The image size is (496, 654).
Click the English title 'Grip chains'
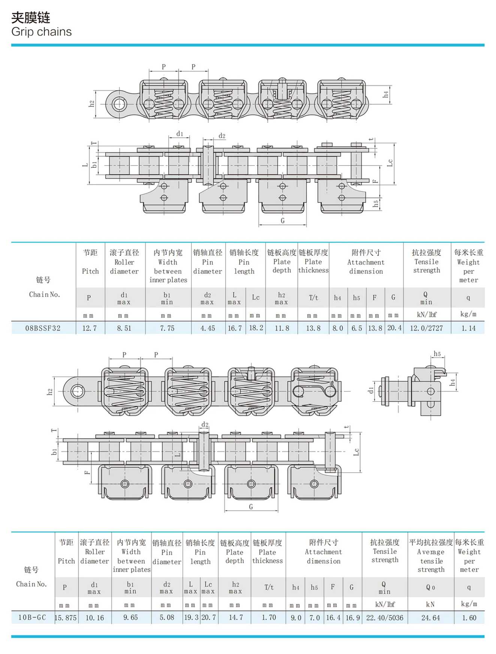[41, 32]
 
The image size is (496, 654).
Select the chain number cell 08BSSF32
[43, 328]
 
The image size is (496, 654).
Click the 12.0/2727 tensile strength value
[426, 328]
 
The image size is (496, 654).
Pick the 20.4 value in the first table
[394, 328]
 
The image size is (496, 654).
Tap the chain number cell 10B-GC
[32, 618]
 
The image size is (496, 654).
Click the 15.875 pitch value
[66, 618]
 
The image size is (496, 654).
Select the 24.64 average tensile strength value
[430, 618]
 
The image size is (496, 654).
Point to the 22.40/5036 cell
[385, 618]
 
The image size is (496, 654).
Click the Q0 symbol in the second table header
[430, 588]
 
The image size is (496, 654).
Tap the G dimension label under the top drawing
[282, 221]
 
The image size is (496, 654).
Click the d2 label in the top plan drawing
[222, 136]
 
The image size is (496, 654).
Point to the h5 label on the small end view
[437, 354]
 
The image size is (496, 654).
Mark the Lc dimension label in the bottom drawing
[356, 452]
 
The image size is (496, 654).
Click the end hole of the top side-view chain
[119, 104]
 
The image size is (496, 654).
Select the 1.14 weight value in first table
[468, 328]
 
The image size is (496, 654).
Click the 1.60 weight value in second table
[469, 618]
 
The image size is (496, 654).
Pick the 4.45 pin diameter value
[208, 328]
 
